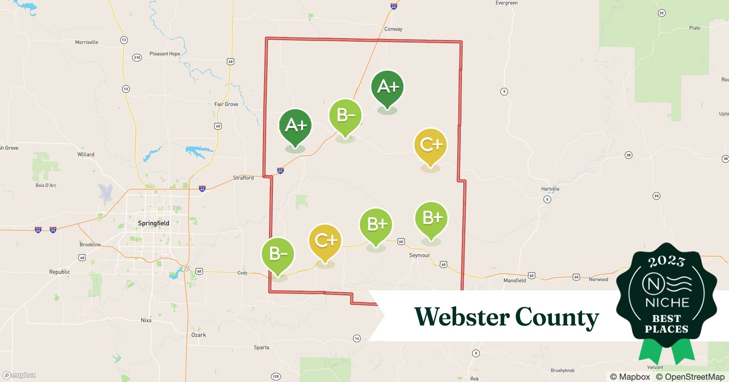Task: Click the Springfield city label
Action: tap(153, 223)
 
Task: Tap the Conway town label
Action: tap(393, 29)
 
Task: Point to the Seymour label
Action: tap(419, 255)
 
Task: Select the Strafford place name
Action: tap(243, 178)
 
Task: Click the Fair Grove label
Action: tap(226, 104)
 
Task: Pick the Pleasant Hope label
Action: tap(165, 54)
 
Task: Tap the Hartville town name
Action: tap(550, 189)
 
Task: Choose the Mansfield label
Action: tap(514, 280)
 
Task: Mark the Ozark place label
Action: tap(198, 335)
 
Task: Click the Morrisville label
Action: tap(87, 42)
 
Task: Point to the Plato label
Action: tap(695, 28)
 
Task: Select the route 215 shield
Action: tap(137, 58)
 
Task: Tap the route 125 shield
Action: tap(276, 376)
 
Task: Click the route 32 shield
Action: tap(662, 13)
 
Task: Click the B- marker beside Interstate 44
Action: tap(345, 115)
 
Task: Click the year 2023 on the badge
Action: tap(666, 261)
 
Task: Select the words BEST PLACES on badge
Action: tap(666, 324)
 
